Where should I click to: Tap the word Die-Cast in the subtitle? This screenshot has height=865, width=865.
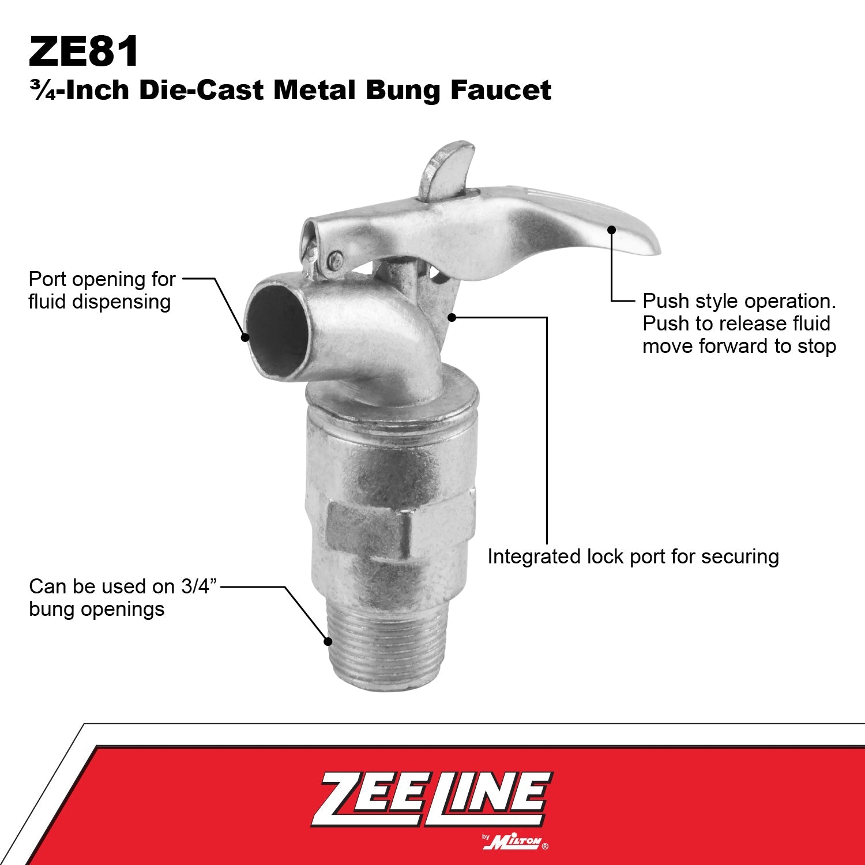(201, 90)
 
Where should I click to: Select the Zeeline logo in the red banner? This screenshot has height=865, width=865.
(431, 799)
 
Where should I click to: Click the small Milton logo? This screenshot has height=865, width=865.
(514, 842)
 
